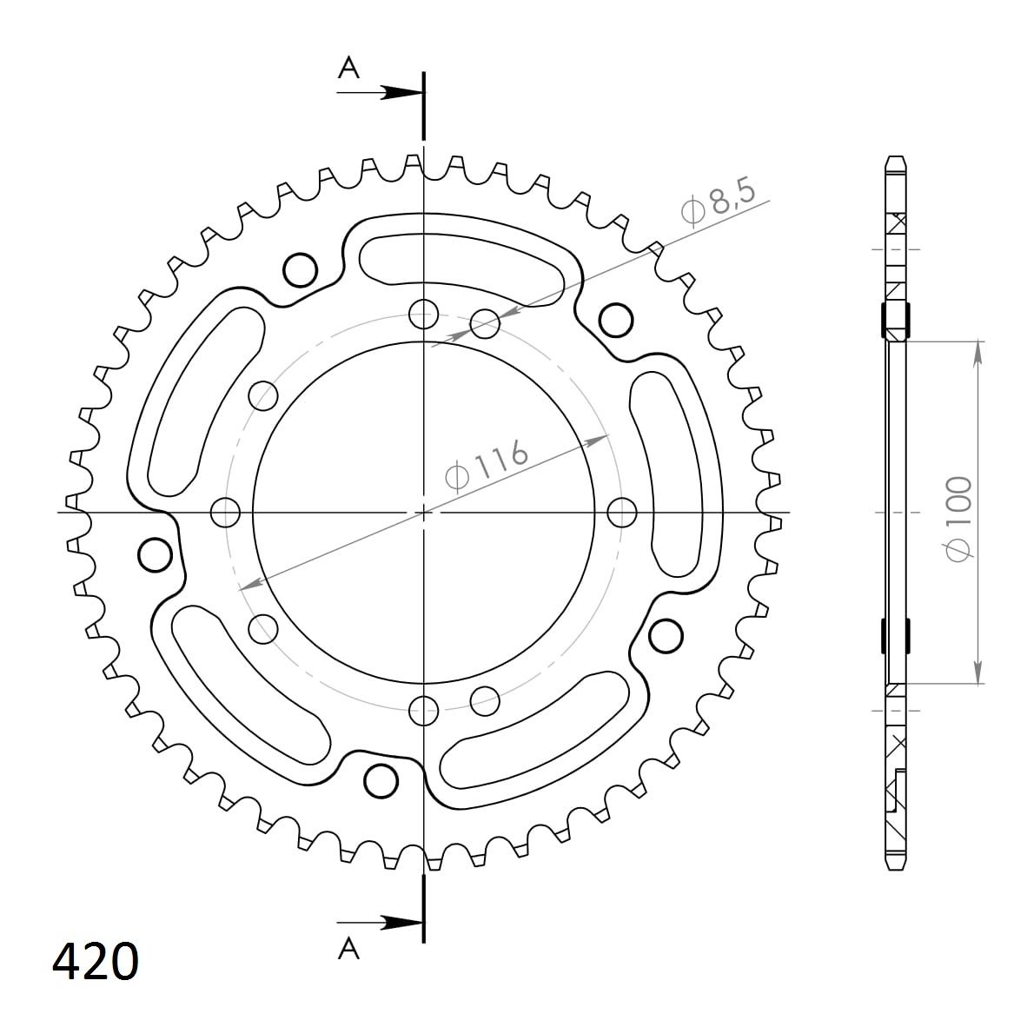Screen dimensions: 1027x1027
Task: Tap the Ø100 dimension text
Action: click(x=959, y=518)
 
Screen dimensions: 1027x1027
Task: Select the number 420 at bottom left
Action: click(x=96, y=962)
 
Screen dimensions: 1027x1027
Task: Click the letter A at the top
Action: click(x=348, y=68)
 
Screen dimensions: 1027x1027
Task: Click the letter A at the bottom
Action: click(x=348, y=948)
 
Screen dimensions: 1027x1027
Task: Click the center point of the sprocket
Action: click(x=424, y=512)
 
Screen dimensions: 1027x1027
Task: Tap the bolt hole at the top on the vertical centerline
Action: click(x=424, y=315)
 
